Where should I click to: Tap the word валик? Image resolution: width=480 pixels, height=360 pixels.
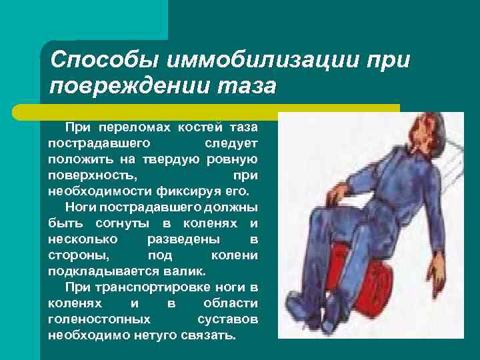coord(189,271)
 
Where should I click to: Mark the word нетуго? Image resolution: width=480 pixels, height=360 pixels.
coord(152,335)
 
